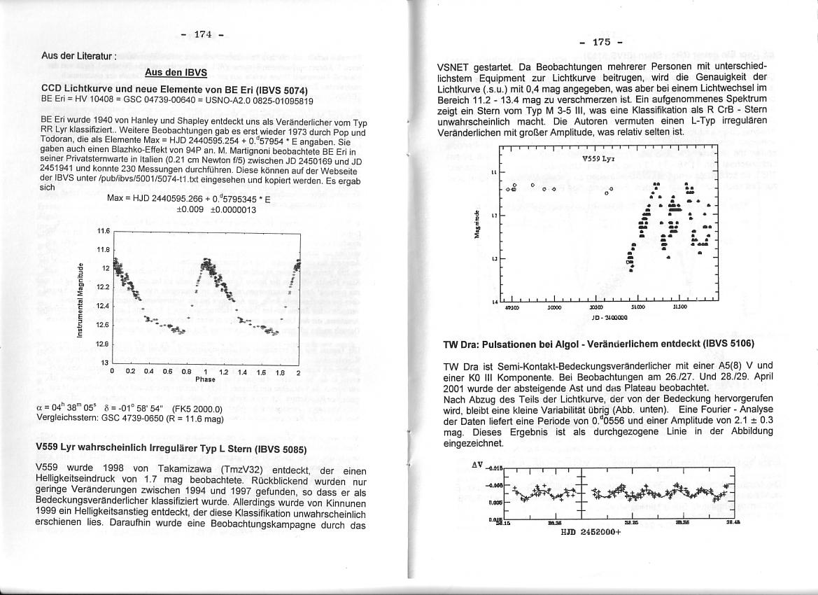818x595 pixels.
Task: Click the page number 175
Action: (x=600, y=43)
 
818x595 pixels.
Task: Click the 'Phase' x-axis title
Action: (x=205, y=379)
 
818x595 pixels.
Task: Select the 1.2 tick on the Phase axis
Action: (x=224, y=372)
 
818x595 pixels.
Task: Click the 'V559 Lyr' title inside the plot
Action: (x=598, y=159)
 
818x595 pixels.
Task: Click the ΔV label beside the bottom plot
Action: (x=478, y=464)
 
